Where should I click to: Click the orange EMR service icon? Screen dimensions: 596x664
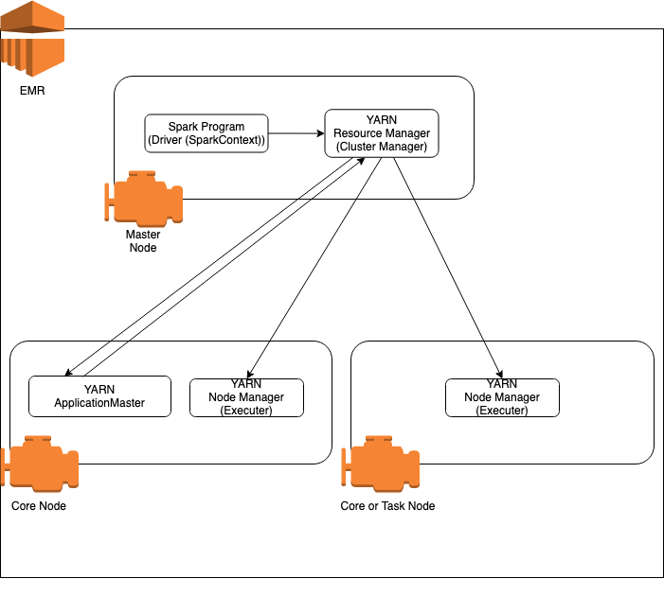(32, 41)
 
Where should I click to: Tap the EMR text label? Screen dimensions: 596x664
(31, 92)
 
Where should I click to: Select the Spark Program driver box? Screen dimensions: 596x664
(206, 133)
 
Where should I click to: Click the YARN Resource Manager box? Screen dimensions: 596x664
(382, 133)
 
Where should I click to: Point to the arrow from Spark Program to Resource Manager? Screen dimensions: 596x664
(296, 133)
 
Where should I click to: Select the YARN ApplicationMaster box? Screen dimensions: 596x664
(99, 396)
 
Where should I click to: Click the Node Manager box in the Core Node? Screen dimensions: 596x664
(246, 397)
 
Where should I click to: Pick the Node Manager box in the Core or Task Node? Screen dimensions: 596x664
(502, 397)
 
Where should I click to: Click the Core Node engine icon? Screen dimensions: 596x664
(39, 464)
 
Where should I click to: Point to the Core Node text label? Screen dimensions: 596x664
(39, 506)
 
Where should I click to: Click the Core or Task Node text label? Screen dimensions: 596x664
(387, 506)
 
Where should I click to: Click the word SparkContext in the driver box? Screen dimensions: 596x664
(227, 140)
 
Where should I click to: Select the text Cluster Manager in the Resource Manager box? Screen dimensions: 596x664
(382, 147)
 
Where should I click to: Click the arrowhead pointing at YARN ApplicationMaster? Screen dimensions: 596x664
(67, 374)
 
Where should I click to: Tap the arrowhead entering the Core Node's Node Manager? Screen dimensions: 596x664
(249, 375)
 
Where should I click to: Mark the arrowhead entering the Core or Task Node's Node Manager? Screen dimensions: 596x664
(499, 375)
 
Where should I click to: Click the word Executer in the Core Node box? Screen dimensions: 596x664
(246, 411)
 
